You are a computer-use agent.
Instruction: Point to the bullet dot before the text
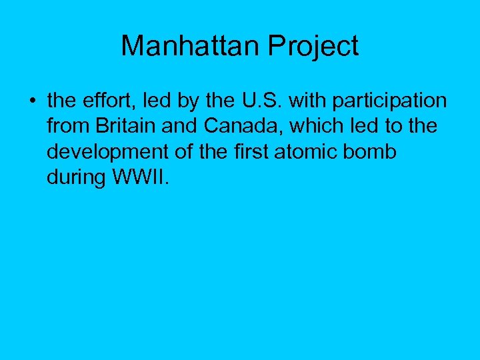[x=31, y=102]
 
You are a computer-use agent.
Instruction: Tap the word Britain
[x=125, y=127]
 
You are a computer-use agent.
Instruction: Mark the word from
[x=67, y=127]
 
